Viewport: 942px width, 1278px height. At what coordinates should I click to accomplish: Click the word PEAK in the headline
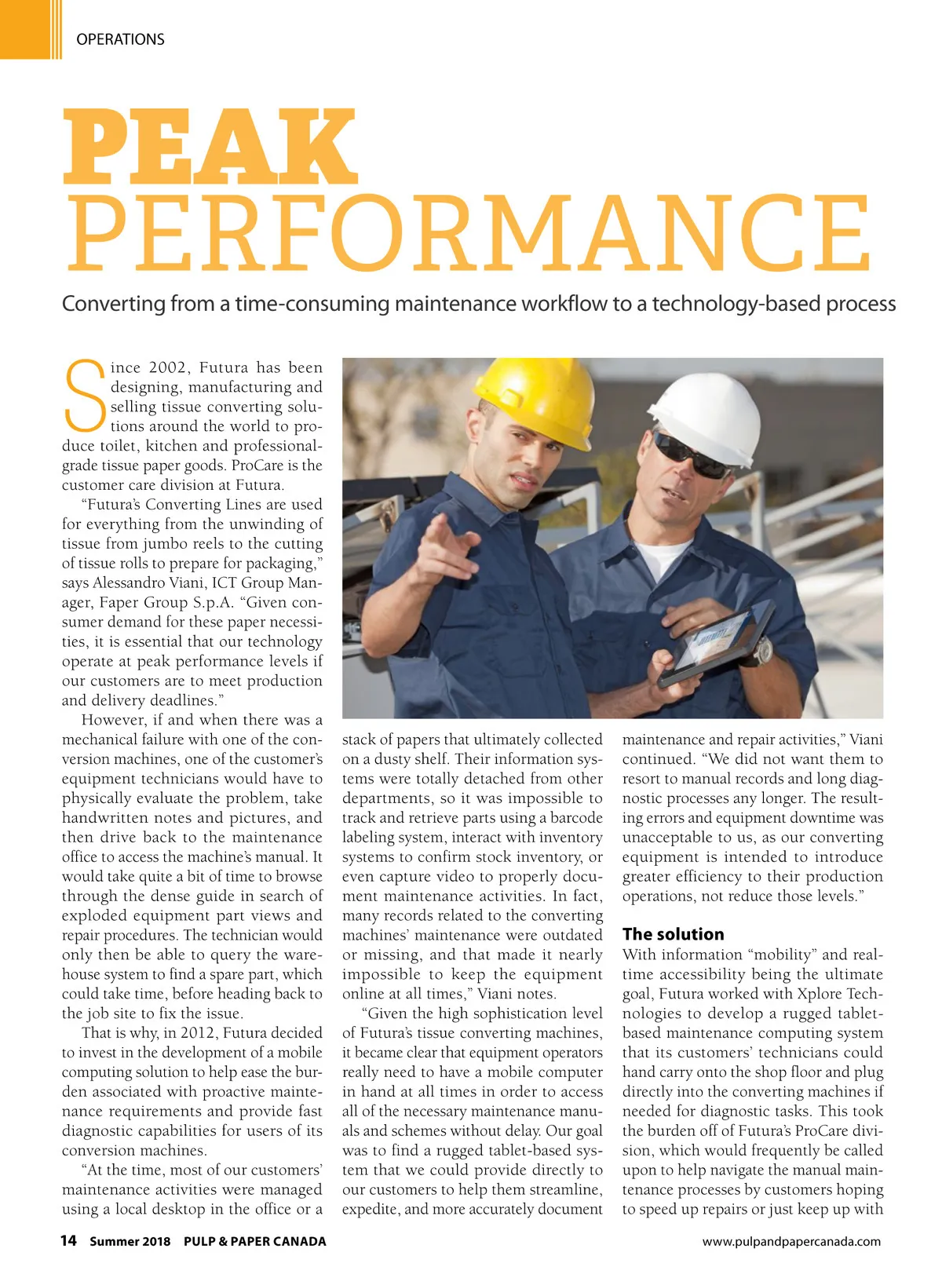(x=210, y=148)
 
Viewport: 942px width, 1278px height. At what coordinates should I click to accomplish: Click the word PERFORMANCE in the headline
(x=469, y=234)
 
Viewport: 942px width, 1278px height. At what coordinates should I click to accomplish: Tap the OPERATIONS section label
(x=120, y=39)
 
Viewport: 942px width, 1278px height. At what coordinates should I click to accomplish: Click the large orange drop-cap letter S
(x=84, y=396)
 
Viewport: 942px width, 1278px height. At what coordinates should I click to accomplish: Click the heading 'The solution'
(x=673, y=934)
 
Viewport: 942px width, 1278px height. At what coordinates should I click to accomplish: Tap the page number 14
(x=69, y=1240)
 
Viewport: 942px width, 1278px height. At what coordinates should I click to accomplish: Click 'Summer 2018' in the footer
(x=130, y=1241)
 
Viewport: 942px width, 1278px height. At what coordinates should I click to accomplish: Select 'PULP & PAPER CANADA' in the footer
(x=254, y=1241)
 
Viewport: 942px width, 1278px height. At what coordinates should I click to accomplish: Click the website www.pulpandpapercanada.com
(x=791, y=1241)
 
